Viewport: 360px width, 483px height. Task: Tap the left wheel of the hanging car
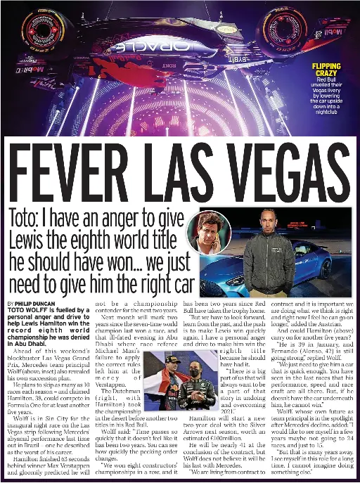35,32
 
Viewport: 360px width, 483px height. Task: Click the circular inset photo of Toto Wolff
210,233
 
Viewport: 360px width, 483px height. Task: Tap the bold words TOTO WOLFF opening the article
32,309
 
